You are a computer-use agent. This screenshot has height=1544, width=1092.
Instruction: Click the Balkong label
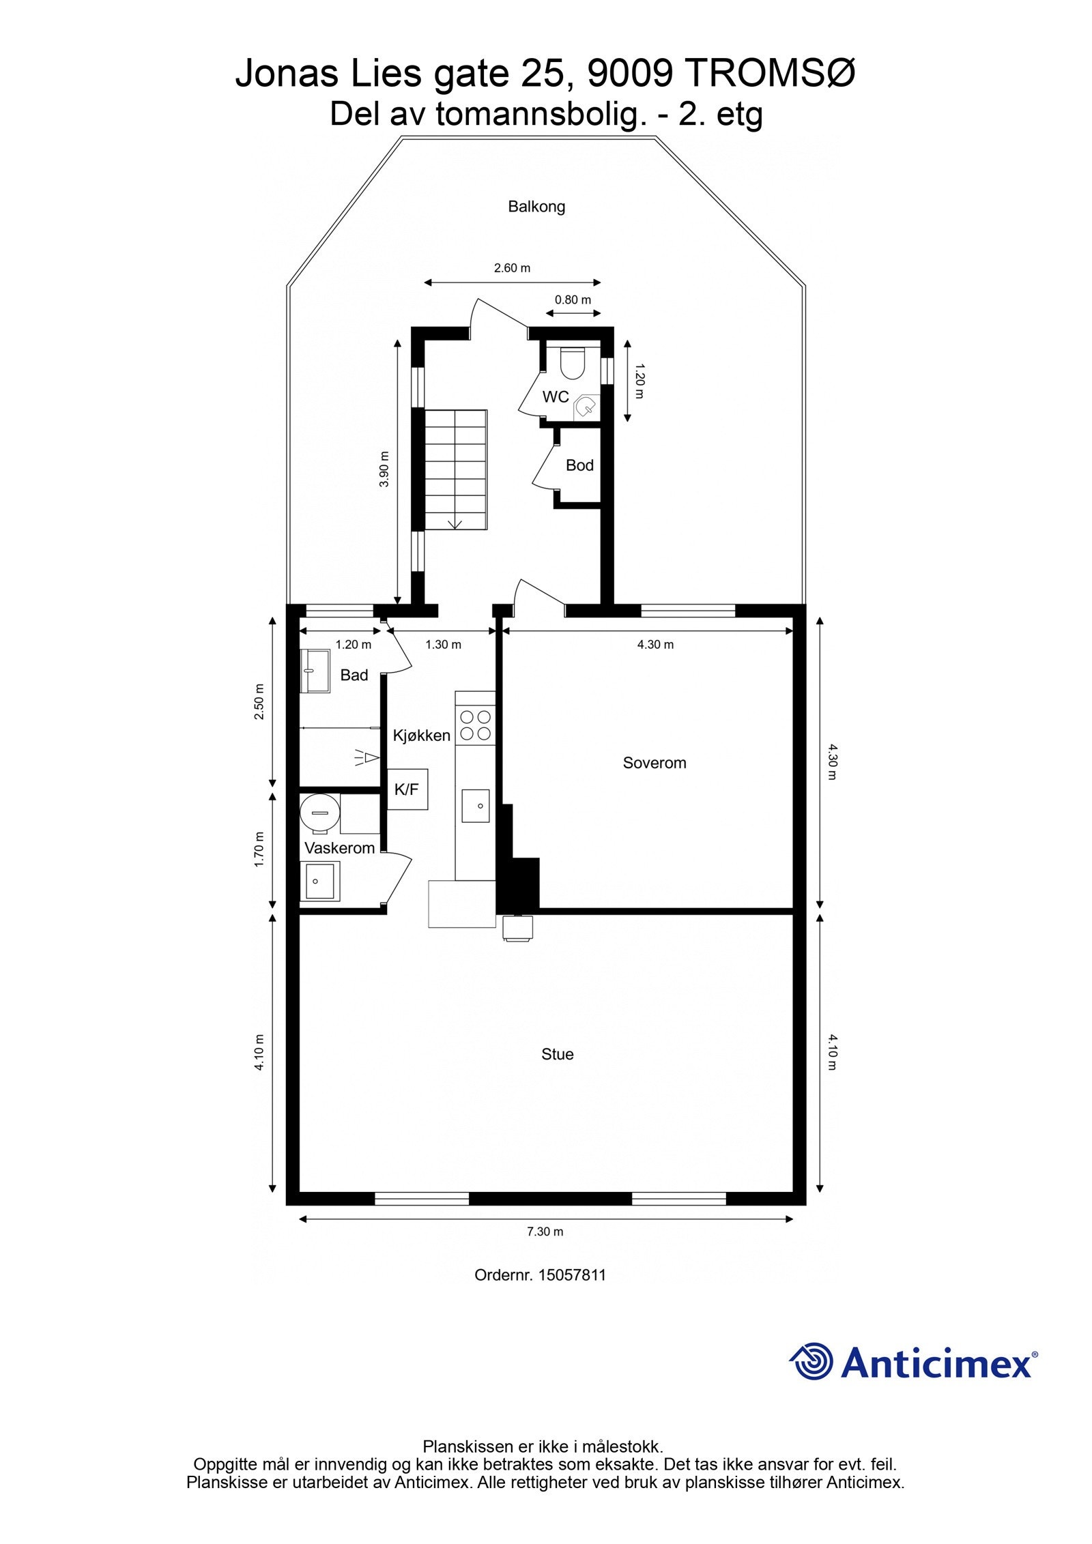pyautogui.click(x=536, y=207)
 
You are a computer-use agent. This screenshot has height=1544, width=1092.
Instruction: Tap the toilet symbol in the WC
pyautogui.click(x=572, y=363)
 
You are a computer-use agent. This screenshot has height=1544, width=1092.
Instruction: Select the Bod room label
pyautogui.click(x=579, y=465)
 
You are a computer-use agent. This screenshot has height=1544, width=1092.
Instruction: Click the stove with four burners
pyautogui.click(x=475, y=725)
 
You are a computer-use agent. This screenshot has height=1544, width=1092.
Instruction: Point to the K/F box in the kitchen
pyautogui.click(x=407, y=789)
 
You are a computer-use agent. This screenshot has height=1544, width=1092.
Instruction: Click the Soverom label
pyautogui.click(x=654, y=763)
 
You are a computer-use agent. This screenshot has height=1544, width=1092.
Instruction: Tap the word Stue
pyautogui.click(x=557, y=1054)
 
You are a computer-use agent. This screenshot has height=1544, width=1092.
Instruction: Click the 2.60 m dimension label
pyautogui.click(x=512, y=268)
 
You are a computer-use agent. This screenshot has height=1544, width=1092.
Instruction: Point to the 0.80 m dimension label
pyautogui.click(x=573, y=300)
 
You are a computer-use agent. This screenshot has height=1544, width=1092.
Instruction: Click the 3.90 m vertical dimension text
pyautogui.click(x=384, y=469)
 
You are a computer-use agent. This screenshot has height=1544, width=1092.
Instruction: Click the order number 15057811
pyautogui.click(x=571, y=1275)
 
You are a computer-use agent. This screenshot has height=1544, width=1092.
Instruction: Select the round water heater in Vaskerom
pyautogui.click(x=319, y=813)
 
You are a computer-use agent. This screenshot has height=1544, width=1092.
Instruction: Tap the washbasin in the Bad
pyautogui.click(x=315, y=671)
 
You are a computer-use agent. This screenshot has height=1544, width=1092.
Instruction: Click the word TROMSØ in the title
pyautogui.click(x=768, y=73)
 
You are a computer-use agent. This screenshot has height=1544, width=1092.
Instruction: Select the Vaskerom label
pyautogui.click(x=339, y=848)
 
